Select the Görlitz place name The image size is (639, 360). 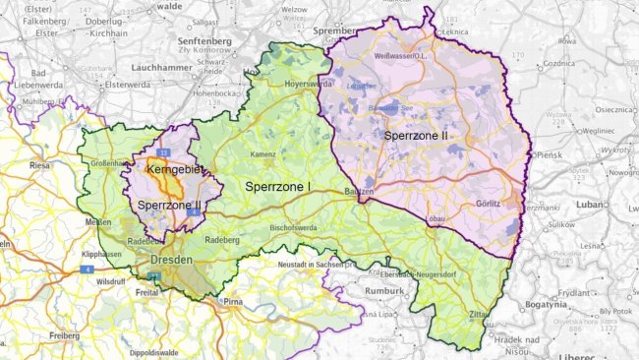point(489,205)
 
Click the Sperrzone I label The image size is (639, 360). point(278,186)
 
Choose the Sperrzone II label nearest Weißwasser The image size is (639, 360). point(417,134)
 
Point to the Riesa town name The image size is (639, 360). point(40,165)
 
